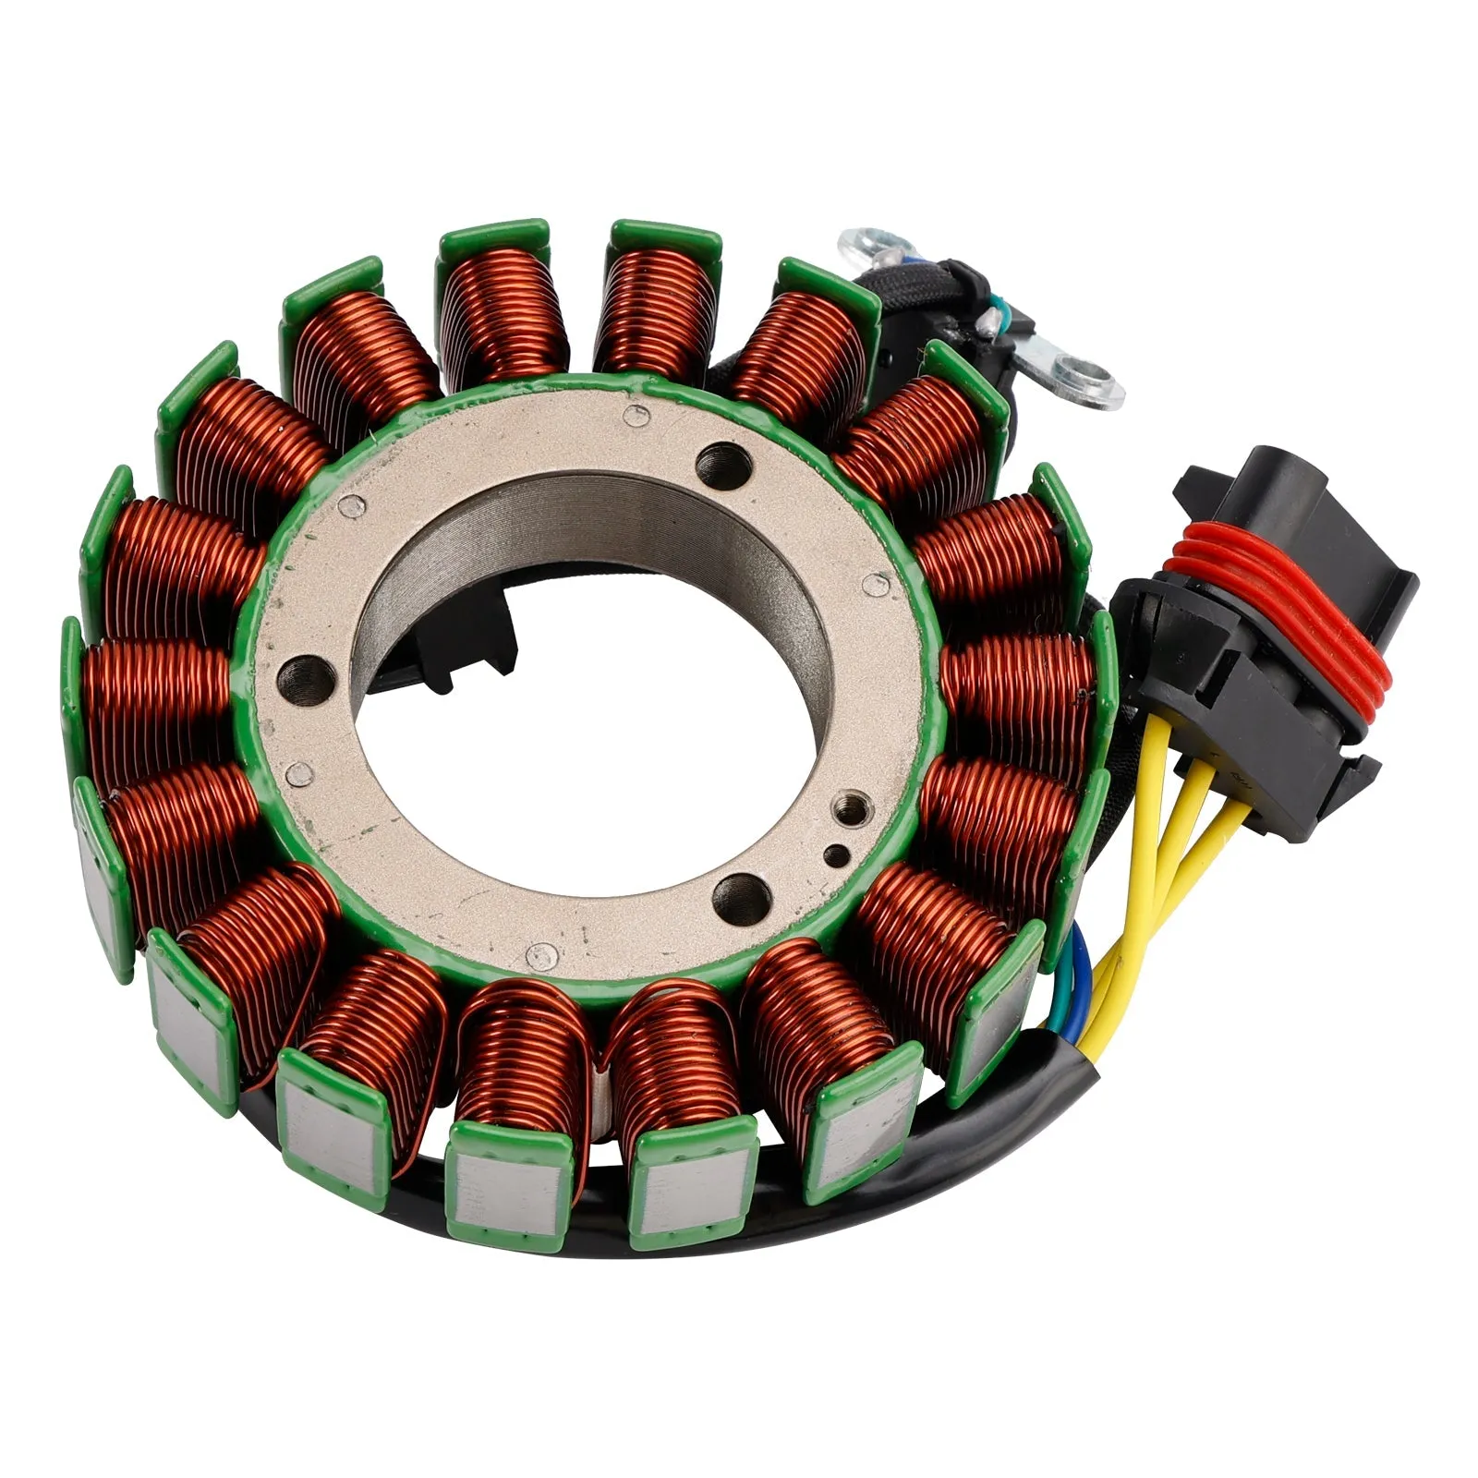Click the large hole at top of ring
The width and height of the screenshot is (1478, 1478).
click(x=721, y=459)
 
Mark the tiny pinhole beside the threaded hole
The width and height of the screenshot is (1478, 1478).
click(x=835, y=854)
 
